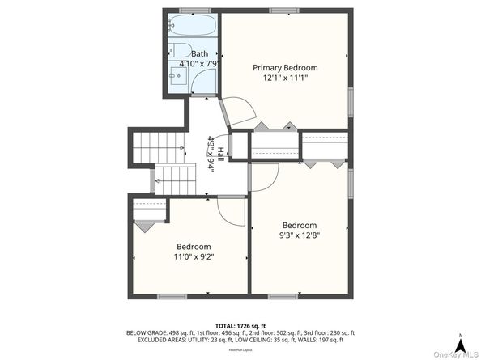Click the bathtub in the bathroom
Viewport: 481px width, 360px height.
(x=194, y=25)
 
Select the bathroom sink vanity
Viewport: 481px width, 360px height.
(x=179, y=77)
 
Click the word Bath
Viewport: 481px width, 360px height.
(x=199, y=53)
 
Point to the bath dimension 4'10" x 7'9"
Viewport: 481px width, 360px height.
(x=199, y=63)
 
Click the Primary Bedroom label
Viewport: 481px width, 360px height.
(x=285, y=67)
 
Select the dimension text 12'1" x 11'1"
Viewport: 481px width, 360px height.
(x=285, y=78)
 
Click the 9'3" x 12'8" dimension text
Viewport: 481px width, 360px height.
(x=299, y=235)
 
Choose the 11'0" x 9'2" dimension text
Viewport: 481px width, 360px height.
(x=194, y=256)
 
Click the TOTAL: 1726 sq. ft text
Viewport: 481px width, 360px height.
(x=240, y=324)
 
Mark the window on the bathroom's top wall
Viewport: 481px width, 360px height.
(x=190, y=11)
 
